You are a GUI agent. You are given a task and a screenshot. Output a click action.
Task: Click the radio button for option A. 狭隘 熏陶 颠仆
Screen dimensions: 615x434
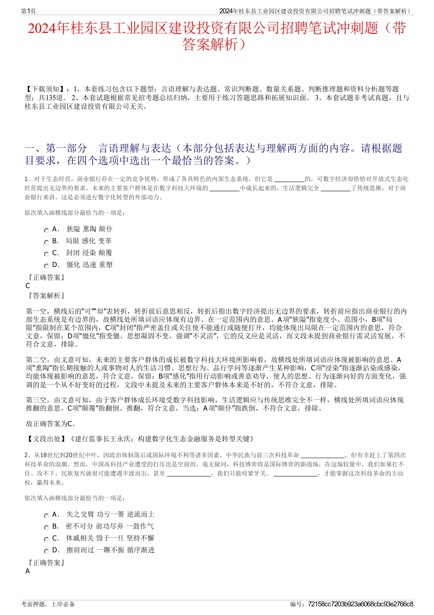46,230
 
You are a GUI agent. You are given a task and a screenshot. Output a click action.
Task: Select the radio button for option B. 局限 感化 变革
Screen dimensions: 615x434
46,242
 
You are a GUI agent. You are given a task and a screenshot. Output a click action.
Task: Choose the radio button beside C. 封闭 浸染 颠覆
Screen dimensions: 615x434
46,254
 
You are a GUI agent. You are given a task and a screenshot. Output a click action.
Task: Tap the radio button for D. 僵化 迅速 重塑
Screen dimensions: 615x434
46,266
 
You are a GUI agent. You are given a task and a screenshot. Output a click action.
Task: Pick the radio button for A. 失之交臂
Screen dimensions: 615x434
46,516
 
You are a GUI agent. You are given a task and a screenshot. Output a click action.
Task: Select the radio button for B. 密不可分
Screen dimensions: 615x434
46,528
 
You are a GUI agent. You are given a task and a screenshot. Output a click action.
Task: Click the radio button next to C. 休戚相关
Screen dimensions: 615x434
46,540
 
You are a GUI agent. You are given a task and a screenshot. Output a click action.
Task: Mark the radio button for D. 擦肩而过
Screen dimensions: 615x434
46,551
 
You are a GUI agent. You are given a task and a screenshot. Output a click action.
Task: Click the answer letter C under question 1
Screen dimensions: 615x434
28,286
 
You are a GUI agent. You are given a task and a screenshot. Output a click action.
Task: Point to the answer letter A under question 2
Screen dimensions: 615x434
28,571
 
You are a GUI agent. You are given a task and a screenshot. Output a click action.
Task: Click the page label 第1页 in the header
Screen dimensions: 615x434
29,11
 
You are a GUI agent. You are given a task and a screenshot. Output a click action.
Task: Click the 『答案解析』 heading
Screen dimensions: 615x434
46,296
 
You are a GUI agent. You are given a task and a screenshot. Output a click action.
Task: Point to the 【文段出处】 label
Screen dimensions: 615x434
47,439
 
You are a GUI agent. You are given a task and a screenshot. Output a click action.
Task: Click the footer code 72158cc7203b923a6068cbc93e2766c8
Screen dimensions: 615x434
360,604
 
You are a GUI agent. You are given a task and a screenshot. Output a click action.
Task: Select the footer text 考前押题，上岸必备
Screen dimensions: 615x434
48,604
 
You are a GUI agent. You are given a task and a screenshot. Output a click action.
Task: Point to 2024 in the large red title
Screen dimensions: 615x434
42,28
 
